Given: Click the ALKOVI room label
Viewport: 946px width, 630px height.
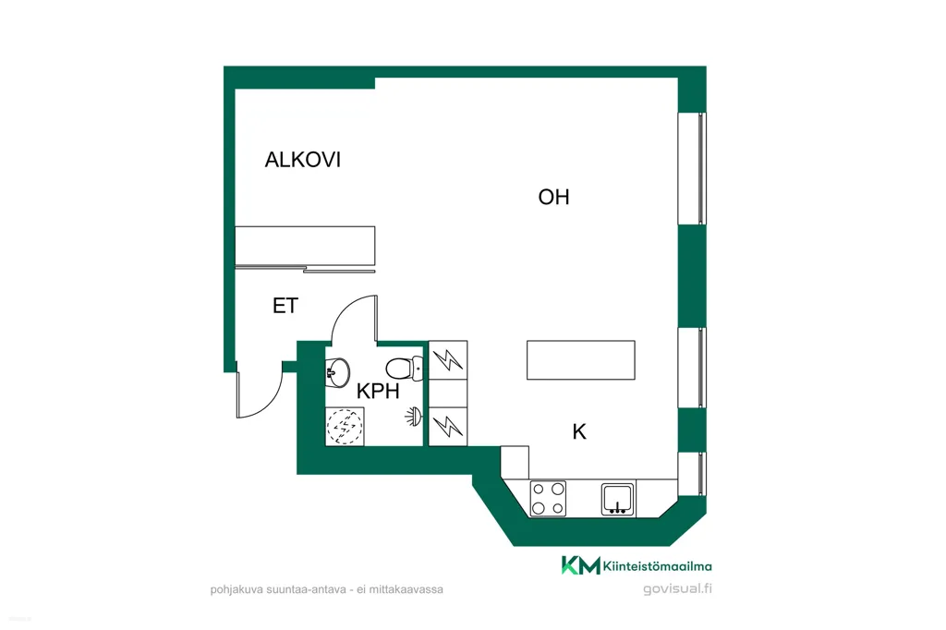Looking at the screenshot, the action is pyautogui.click(x=303, y=160).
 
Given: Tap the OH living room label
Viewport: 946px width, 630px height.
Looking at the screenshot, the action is pyautogui.click(x=554, y=198).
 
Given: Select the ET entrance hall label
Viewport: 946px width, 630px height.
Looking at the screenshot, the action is pyautogui.click(x=285, y=306).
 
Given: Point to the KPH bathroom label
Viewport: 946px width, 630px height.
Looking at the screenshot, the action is pyautogui.click(x=378, y=391).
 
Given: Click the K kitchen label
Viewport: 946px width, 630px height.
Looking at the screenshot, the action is pyautogui.click(x=579, y=432).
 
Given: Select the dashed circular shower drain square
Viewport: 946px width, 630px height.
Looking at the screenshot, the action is pyautogui.click(x=345, y=427).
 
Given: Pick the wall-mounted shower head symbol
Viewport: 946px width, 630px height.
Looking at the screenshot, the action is pyautogui.click(x=414, y=417).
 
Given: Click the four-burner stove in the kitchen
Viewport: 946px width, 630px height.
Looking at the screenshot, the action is pyautogui.click(x=548, y=499).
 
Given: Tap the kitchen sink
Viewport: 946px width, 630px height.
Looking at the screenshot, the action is pyautogui.click(x=618, y=500).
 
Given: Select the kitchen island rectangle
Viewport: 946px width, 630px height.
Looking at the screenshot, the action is pyautogui.click(x=580, y=360).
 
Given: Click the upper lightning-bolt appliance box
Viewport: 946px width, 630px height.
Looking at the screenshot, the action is pyautogui.click(x=448, y=360).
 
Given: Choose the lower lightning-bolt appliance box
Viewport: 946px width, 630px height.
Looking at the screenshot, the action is pyautogui.click(x=448, y=427).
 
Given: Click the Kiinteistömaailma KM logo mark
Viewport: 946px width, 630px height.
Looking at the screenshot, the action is pyautogui.click(x=580, y=565).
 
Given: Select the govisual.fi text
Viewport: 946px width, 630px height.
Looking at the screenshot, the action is pyautogui.click(x=677, y=589).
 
